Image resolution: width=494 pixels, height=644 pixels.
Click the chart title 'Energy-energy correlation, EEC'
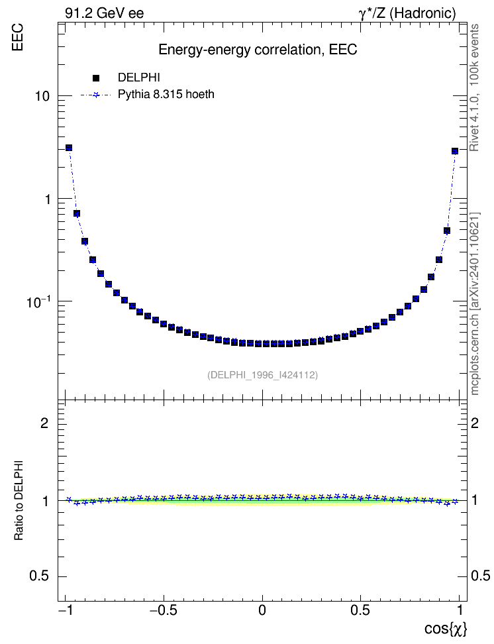click(258, 50)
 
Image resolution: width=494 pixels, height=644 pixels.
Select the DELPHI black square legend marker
click(96, 78)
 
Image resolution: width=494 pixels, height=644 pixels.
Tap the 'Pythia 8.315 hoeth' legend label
click(166, 95)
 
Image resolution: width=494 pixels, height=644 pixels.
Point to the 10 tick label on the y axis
click(42, 97)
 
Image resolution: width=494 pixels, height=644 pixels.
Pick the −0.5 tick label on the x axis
click(164, 610)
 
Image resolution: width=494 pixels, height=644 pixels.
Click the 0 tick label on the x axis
click(262, 610)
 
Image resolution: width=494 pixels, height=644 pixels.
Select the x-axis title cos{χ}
click(446, 629)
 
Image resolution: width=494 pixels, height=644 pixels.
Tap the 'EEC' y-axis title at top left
click(17, 37)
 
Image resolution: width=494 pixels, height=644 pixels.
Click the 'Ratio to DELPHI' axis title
click(19, 500)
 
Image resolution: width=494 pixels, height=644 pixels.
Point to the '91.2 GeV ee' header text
click(105, 13)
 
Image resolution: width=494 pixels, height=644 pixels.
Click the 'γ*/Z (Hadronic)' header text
click(407, 13)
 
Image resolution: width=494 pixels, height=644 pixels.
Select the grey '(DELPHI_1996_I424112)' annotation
click(262, 374)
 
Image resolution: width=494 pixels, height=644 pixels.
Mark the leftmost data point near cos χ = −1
click(69, 148)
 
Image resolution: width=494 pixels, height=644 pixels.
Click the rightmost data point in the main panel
click(454, 151)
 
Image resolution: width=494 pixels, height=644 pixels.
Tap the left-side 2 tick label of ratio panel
click(44, 423)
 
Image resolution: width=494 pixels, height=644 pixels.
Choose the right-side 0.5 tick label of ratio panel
click(481, 576)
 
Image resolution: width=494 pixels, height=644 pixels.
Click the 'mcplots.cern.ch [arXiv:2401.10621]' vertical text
click(475, 304)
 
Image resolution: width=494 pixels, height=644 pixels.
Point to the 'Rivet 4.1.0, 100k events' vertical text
click(474, 87)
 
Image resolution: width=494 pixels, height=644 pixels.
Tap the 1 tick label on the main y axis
click(47, 199)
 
